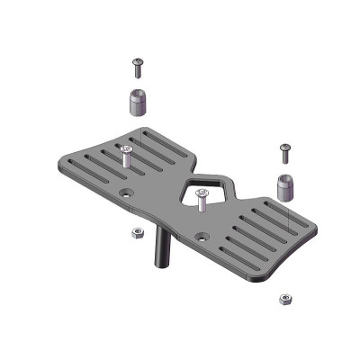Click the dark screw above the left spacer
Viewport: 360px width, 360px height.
pos(138,66)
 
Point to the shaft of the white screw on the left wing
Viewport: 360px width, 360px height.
pos(125,160)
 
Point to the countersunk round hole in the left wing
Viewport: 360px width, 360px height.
pos(126,193)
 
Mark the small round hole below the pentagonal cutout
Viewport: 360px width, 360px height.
pos(203,237)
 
